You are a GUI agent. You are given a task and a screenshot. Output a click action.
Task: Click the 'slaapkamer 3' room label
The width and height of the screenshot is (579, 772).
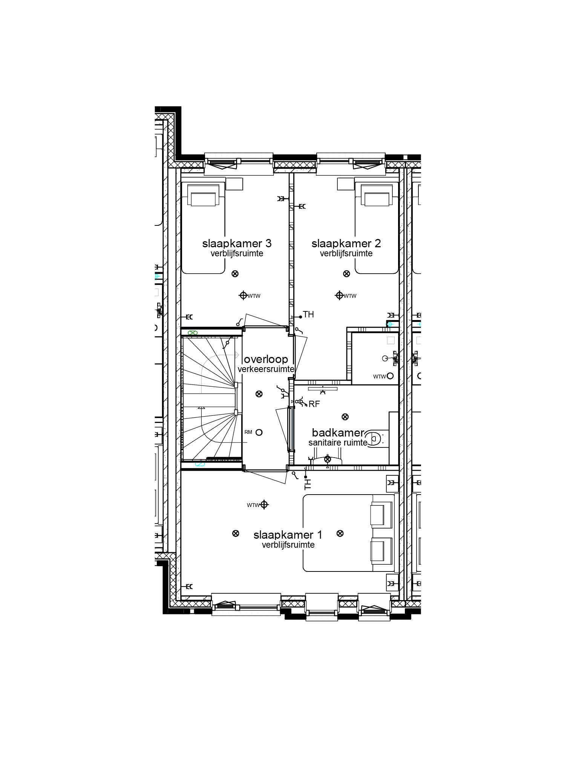point(237,244)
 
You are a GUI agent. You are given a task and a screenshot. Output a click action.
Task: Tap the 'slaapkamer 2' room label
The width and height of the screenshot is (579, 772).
point(346,244)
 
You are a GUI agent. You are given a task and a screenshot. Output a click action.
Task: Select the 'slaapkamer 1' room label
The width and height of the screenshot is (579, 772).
point(288,535)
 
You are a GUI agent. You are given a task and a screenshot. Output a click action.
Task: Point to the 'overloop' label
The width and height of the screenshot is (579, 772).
point(266,359)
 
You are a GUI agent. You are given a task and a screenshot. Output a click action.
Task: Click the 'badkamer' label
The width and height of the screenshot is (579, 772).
point(338,433)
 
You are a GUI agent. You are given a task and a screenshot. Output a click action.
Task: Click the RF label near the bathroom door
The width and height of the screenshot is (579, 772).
point(314,404)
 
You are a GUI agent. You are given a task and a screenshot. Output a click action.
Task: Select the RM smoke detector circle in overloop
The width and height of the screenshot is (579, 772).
point(259,432)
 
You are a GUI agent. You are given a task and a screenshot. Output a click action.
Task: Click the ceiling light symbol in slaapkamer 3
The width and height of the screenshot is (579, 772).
point(235,274)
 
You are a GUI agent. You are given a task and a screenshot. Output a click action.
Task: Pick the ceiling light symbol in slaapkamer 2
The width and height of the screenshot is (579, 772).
point(346,274)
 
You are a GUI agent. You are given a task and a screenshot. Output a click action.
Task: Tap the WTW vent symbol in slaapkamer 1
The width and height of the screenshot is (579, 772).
point(264,504)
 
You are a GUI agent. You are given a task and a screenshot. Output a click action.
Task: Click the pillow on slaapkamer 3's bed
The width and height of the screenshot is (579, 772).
point(204,199)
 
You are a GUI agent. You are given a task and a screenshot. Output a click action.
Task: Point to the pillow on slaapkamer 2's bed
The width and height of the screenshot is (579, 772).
point(377,199)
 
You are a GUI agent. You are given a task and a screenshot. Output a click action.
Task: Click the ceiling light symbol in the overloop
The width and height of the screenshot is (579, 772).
point(259,394)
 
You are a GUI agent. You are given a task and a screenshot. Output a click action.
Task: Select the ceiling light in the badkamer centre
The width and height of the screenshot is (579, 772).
point(345,417)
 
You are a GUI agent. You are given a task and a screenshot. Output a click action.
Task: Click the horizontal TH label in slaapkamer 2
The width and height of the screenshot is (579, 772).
point(308,314)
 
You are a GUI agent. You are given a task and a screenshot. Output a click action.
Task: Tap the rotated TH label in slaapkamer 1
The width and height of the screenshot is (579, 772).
point(308,484)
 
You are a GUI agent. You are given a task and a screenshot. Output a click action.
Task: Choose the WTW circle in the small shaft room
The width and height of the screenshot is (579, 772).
point(390,376)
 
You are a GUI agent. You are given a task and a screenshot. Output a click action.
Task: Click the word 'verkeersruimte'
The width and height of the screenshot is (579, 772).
point(266,369)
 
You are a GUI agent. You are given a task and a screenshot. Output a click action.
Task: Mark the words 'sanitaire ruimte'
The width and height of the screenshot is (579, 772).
point(338,443)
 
